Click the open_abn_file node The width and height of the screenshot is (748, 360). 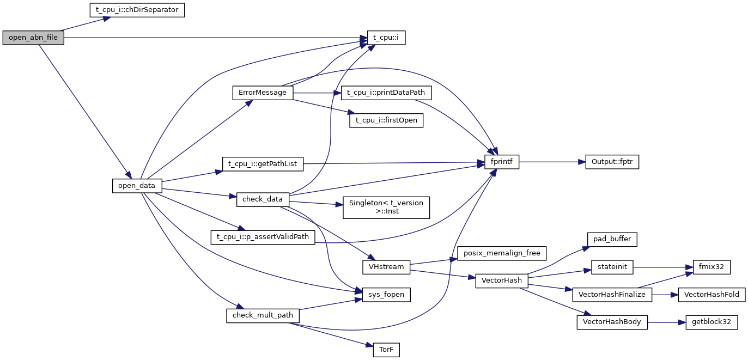click(33, 38)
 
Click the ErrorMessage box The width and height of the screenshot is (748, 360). click(263, 93)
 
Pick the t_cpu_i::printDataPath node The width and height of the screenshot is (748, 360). click(386, 93)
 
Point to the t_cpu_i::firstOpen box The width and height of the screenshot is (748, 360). click(386, 121)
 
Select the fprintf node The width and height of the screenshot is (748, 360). click(502, 162)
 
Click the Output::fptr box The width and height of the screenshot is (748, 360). click(612, 162)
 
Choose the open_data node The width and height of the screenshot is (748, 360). click(137, 186)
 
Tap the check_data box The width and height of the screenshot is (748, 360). click(263, 199)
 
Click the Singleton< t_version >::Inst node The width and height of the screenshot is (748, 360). click(386, 208)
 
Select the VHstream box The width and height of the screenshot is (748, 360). click(386, 267)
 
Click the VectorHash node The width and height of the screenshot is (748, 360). click(502, 280)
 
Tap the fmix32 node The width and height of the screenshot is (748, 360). click(711, 267)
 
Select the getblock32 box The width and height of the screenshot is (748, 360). click(711, 322)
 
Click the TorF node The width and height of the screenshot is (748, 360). click(386, 350)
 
